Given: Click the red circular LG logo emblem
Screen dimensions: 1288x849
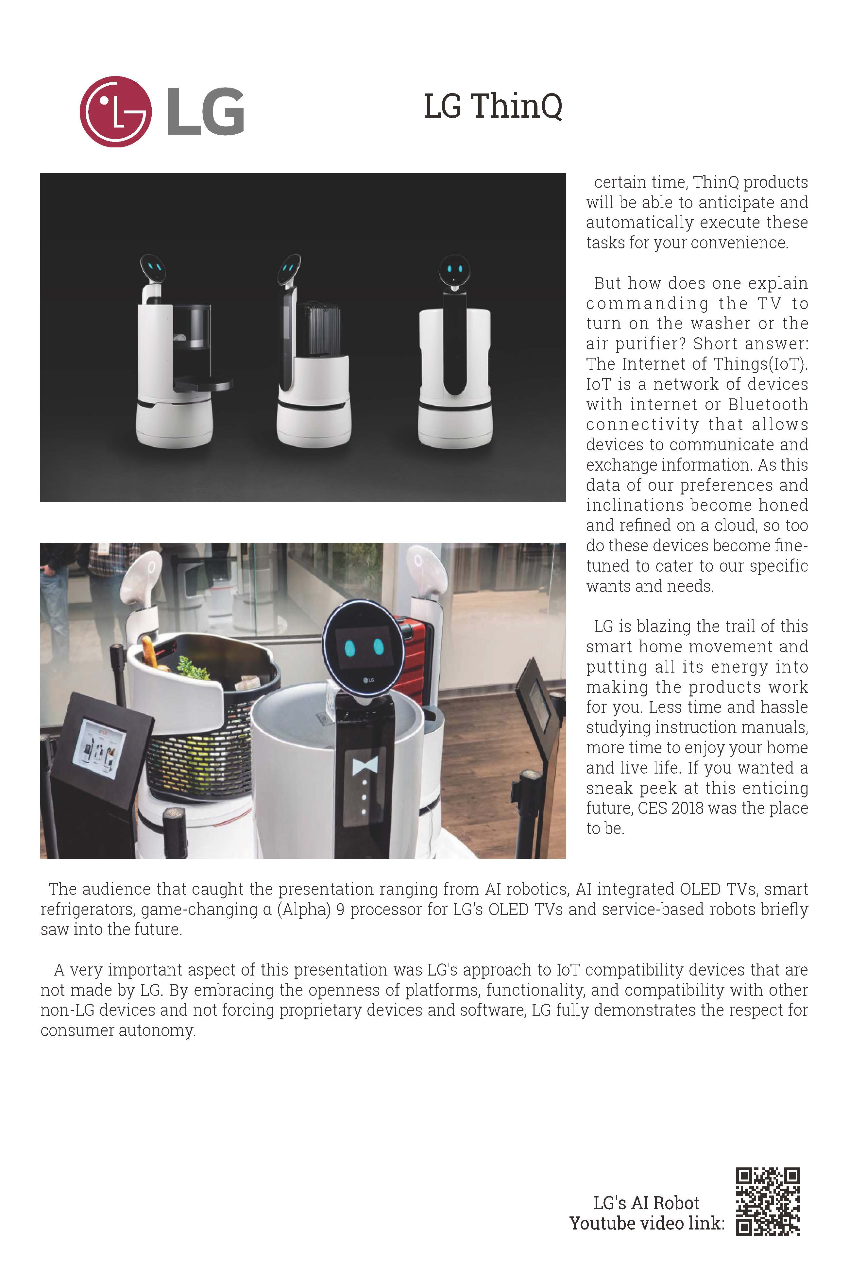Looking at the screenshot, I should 115,111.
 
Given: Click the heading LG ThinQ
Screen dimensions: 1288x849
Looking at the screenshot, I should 493,106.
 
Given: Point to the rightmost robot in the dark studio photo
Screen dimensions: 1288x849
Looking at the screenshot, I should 455,357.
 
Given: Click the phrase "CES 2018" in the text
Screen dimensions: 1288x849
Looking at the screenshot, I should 671,808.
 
